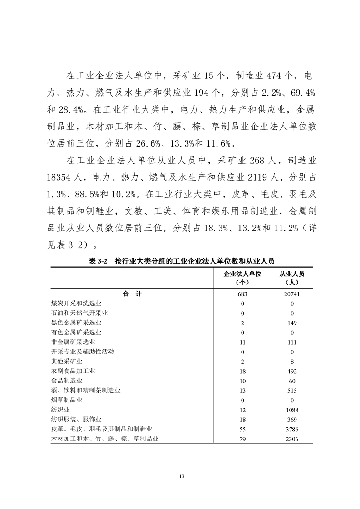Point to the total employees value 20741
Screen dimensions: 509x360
[x=292, y=294]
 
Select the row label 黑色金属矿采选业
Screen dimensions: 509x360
[x=76, y=323]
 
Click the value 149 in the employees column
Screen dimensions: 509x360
[x=292, y=323]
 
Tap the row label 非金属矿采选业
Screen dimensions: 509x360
[x=73, y=342]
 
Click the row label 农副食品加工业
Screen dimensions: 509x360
[x=73, y=371]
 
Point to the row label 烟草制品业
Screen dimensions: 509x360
[x=67, y=400]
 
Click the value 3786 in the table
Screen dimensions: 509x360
[x=292, y=429]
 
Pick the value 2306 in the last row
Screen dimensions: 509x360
[x=292, y=439]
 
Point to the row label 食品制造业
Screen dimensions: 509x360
[x=67, y=381]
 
